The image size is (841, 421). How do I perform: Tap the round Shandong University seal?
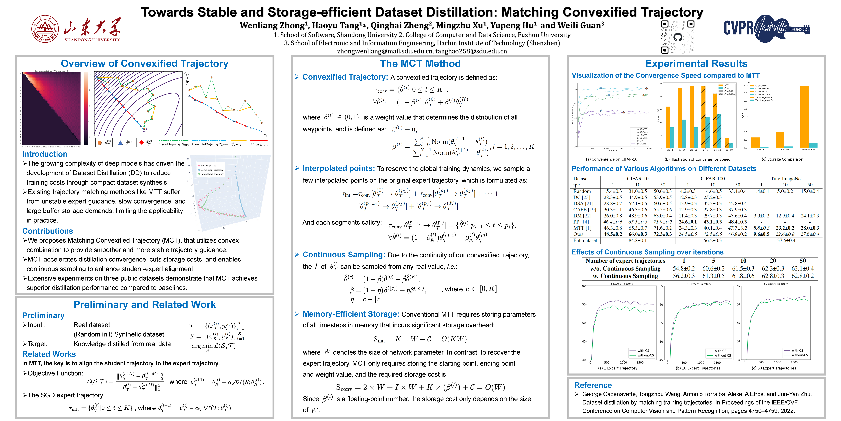point(45,29)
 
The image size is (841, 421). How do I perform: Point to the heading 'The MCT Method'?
point(420,63)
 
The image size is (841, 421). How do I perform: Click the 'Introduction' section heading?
point(45,154)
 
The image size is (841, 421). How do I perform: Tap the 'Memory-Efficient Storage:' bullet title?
point(351,314)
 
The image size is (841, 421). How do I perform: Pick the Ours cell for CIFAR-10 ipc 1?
point(613,234)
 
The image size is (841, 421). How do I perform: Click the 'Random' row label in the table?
point(582,191)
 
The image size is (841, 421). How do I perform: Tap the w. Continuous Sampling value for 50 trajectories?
point(802,276)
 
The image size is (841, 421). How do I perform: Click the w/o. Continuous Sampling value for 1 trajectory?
point(684,268)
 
